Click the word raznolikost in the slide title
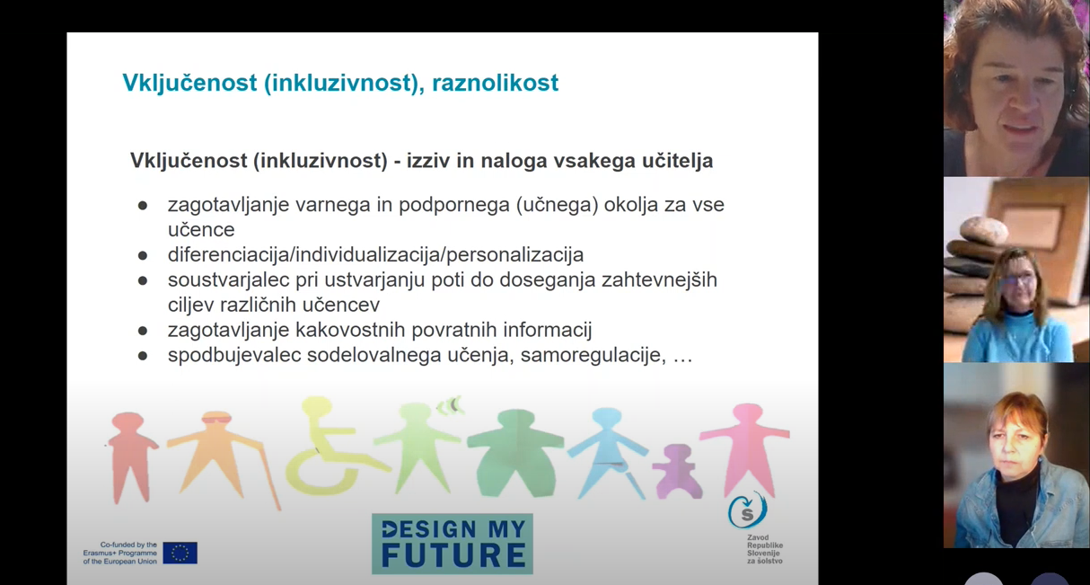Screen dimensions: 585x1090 click(x=495, y=83)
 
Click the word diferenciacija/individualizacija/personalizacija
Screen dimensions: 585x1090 click(x=375, y=254)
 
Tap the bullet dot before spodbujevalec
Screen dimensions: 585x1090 click(x=143, y=356)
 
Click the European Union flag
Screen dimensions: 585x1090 click(x=180, y=553)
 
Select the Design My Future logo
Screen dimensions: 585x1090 click(x=453, y=544)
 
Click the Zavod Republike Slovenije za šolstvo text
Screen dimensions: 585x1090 click(x=764, y=549)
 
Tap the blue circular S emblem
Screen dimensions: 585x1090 click(x=747, y=510)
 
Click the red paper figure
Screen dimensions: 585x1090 click(x=129, y=454)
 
